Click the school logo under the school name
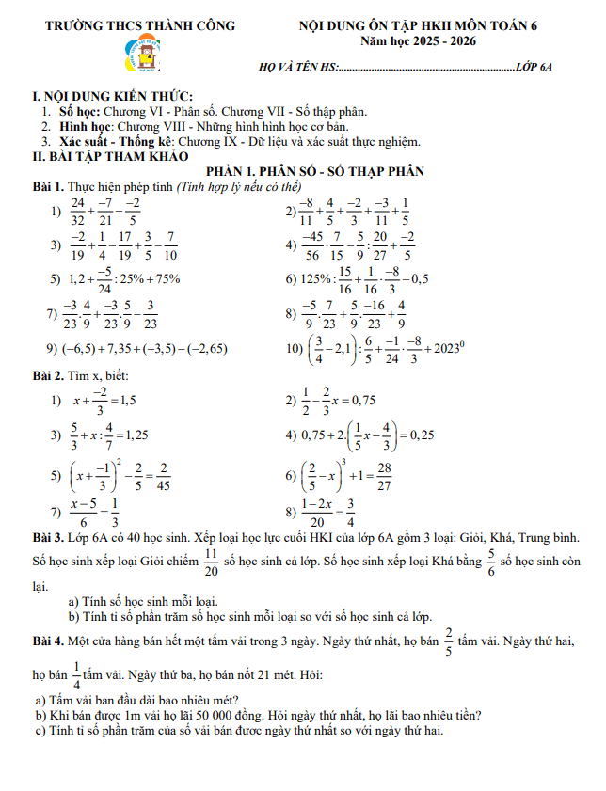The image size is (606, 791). click(x=143, y=58)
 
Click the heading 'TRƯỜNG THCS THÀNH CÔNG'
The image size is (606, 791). click(x=141, y=25)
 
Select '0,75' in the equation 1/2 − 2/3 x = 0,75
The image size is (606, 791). click(x=360, y=400)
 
